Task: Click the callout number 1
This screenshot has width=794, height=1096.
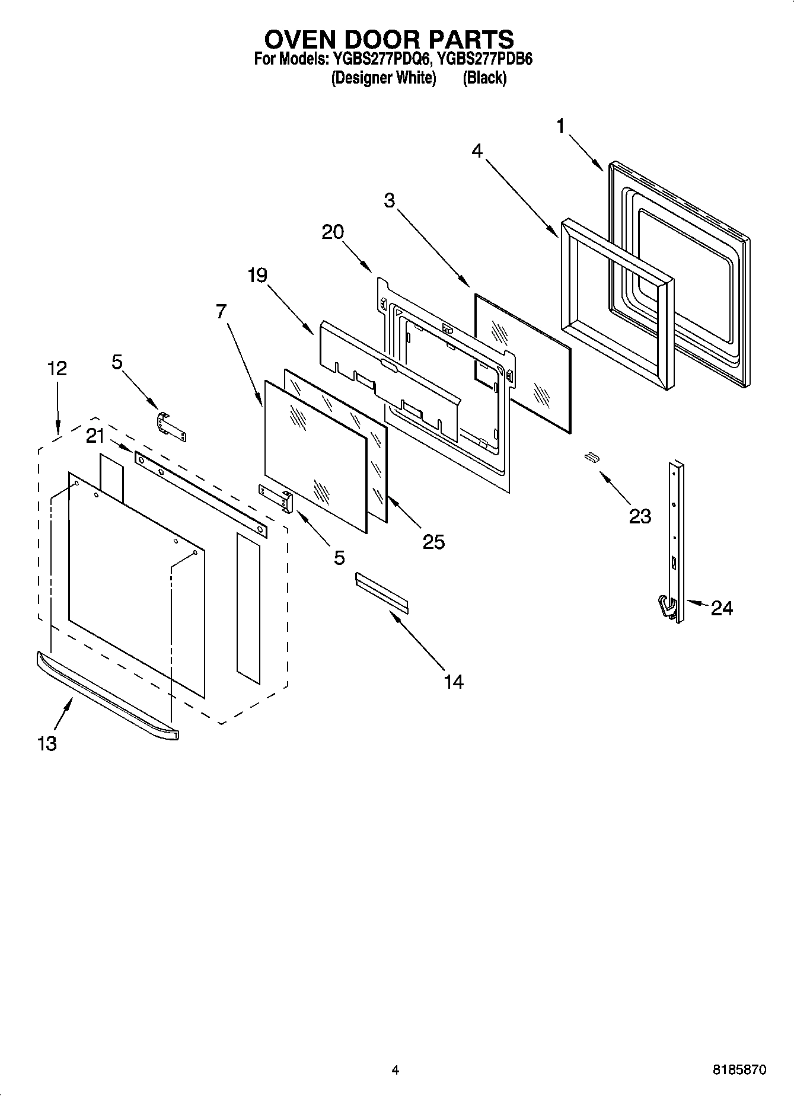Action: coord(560,126)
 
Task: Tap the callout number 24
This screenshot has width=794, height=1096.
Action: coord(722,608)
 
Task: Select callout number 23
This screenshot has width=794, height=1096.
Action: coord(640,516)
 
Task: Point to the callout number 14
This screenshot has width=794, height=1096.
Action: coord(453,682)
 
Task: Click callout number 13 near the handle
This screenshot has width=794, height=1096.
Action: coord(47,743)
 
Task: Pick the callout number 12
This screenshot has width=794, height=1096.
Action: coord(57,368)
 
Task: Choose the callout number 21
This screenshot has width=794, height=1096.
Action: coord(95,436)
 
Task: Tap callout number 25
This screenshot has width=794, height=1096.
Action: coord(433,542)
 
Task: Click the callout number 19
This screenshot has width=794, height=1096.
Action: coord(257,275)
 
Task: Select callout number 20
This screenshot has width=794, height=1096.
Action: coord(333,232)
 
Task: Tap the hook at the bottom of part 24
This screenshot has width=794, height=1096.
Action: coord(667,608)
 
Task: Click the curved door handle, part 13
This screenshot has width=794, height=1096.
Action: coord(107,694)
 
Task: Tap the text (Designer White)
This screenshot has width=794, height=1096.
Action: coord(384,78)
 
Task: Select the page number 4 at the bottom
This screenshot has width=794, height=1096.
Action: coord(396,1070)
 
